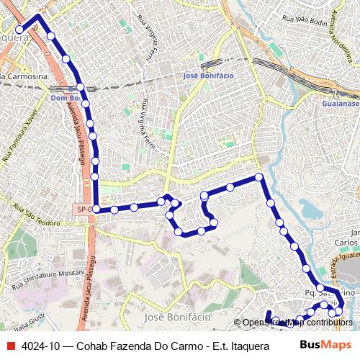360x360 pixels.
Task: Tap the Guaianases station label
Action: coord(340,104)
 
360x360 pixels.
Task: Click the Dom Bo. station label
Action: coord(64,97)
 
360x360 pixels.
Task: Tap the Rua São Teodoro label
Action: coord(35,215)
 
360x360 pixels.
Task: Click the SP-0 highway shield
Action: coord(84,210)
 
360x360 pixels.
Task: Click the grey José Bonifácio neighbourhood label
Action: coord(177,317)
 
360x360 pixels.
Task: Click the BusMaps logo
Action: coord(325,345)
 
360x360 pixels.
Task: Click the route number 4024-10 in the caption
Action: coord(40,346)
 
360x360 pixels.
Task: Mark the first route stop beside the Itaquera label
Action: coord(19,30)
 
